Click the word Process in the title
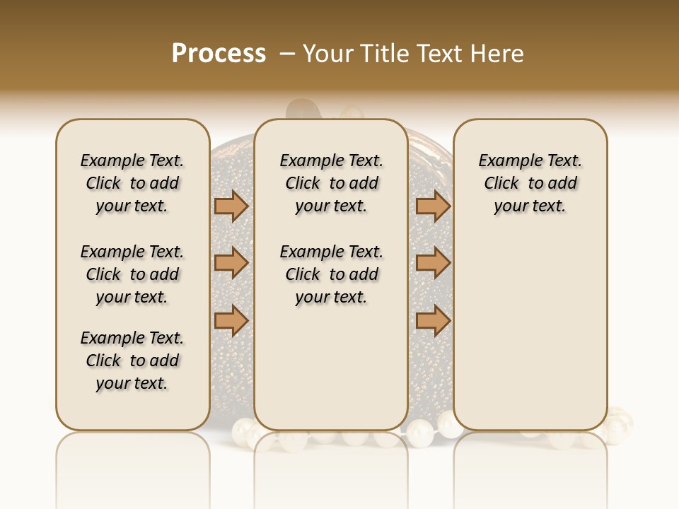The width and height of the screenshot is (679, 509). (219, 53)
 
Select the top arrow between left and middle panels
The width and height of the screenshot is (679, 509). (231, 206)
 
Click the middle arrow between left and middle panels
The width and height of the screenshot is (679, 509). (231, 263)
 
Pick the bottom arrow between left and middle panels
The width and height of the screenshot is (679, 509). (231, 320)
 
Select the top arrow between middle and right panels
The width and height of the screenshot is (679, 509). (433, 206)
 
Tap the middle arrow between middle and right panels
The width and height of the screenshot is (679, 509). (433, 263)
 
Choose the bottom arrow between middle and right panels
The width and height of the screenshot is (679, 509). (433, 320)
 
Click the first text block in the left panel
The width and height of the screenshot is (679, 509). (132, 183)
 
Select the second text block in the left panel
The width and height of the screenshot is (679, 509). (132, 274)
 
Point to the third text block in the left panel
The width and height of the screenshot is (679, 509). (132, 361)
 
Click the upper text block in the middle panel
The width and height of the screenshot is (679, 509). (331, 183)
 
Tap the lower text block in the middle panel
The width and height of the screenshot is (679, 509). (331, 274)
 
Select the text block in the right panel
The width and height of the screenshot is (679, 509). (530, 183)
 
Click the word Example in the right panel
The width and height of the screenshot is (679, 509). (505, 161)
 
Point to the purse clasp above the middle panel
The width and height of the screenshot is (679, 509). (305, 110)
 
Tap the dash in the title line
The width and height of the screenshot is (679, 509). (286, 54)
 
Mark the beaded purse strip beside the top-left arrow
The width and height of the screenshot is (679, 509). (232, 170)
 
